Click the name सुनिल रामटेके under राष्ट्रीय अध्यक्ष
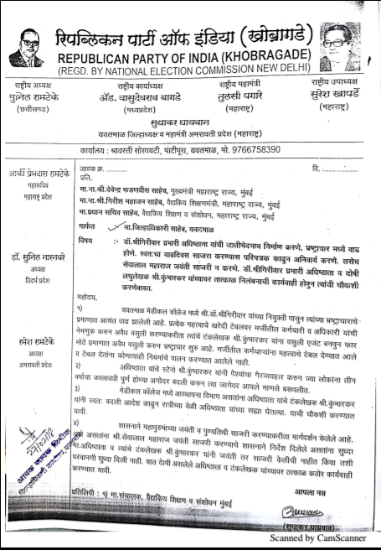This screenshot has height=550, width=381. [34, 96]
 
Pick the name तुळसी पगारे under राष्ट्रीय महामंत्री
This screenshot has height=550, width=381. [221, 95]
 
